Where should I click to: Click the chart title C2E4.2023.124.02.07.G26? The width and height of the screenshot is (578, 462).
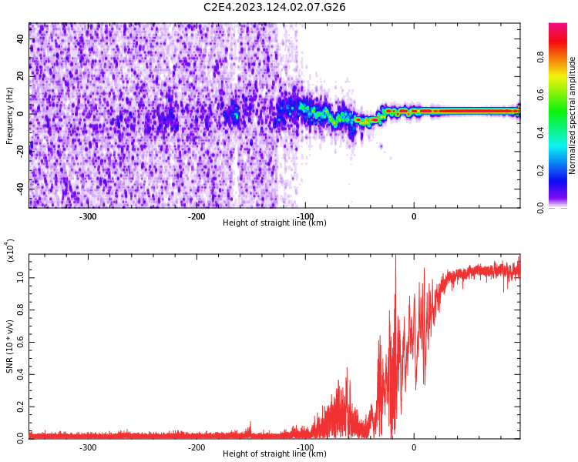pyautogui.click(x=274, y=7)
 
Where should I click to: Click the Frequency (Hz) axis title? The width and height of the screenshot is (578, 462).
pyautogui.click(x=9, y=115)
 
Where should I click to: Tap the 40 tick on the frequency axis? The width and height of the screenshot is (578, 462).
pyautogui.click(x=20, y=38)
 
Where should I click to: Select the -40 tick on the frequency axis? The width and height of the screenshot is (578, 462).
pyautogui.click(x=20, y=188)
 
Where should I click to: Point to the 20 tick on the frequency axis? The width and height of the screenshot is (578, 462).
pyautogui.click(x=20, y=75)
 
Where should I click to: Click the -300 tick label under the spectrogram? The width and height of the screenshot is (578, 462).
pyautogui.click(x=88, y=216)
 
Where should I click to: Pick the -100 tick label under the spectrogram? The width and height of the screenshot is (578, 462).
pyautogui.click(x=305, y=216)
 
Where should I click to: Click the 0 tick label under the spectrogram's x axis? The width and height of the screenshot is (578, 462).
pyautogui.click(x=414, y=216)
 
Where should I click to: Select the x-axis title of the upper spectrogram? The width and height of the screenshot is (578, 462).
pyautogui.click(x=274, y=223)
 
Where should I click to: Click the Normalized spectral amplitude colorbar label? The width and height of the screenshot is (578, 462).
pyautogui.click(x=573, y=115)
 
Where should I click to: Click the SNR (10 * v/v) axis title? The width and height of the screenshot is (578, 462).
pyautogui.click(x=10, y=346)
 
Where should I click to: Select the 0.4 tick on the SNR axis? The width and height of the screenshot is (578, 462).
pyautogui.click(x=20, y=373)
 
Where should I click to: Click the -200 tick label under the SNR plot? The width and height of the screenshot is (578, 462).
pyautogui.click(x=197, y=447)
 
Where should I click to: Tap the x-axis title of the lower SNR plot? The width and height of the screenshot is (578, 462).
pyautogui.click(x=274, y=454)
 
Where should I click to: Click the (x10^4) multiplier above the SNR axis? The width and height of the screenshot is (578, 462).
pyautogui.click(x=11, y=250)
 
